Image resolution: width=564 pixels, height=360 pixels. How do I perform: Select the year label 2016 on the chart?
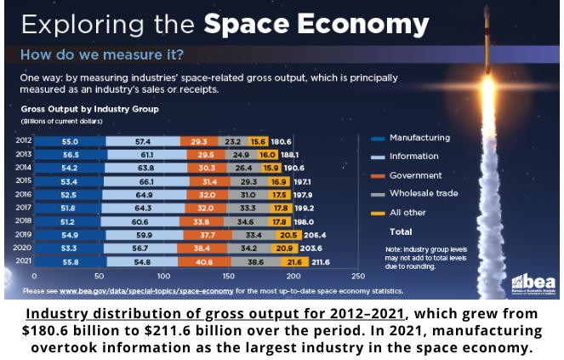25,195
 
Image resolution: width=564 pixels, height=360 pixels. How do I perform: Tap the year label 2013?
25,154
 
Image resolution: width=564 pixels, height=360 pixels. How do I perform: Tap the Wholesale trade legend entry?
423,194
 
